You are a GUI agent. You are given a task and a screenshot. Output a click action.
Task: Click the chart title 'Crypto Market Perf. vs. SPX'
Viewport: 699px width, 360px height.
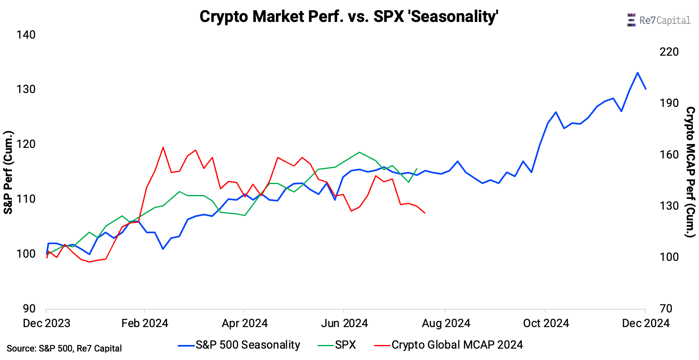coord(349,17)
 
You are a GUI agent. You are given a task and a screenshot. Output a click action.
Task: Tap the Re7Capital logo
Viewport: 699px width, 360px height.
coord(658,20)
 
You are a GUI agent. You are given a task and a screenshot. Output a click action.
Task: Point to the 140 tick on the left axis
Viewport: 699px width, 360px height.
coord(26,35)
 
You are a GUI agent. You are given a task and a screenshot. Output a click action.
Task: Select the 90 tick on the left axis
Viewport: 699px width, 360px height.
coord(29,308)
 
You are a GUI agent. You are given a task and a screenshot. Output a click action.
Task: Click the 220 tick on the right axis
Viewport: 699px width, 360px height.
coord(669,52)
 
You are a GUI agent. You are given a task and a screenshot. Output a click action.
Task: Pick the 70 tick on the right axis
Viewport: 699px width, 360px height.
coord(666,308)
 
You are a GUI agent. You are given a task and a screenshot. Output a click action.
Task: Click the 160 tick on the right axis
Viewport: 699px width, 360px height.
coord(669,155)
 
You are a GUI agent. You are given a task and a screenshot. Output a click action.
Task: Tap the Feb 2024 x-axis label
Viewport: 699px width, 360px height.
coord(145,323)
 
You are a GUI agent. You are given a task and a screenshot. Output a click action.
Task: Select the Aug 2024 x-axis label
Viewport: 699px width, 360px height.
coord(446,323)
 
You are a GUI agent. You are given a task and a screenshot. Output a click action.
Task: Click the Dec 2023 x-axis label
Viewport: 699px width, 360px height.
coord(46,323)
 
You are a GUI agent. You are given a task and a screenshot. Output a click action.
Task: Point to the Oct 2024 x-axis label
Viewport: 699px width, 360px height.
coord(546,323)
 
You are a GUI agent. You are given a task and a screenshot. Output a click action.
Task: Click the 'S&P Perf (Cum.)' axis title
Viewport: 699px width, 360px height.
coord(8,172)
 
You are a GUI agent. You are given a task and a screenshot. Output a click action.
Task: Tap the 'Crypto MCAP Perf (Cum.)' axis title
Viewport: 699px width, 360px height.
coord(690,172)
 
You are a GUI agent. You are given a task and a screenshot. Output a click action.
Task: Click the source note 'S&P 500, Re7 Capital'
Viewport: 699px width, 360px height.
coord(64,349)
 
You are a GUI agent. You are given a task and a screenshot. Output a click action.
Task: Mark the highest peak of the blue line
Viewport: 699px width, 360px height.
coord(638,73)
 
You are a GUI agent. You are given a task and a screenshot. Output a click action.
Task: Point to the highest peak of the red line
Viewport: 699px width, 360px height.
coord(163,147)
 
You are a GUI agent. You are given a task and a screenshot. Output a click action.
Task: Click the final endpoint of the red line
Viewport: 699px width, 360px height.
coord(425,213)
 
